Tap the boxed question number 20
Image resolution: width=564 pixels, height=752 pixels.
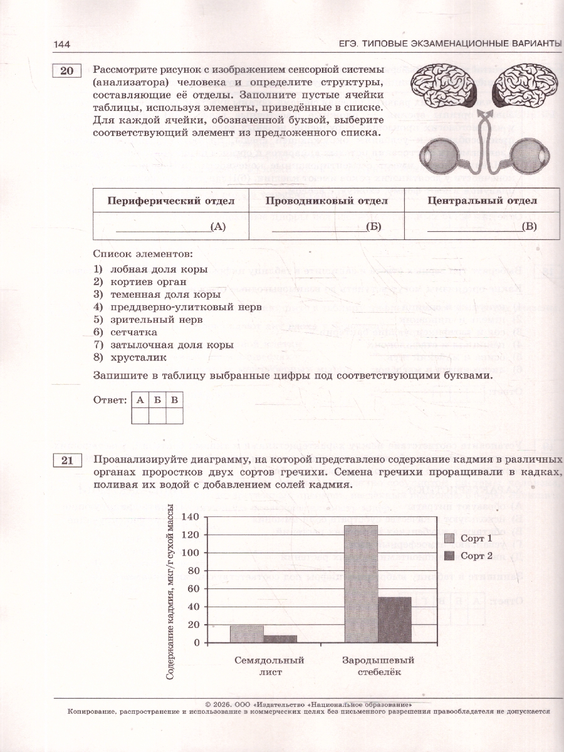[x=67, y=71]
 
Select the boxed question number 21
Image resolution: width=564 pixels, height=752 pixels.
[x=67, y=461]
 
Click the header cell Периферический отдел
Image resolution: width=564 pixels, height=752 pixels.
[x=171, y=201]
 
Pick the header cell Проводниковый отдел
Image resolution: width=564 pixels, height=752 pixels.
[x=326, y=201]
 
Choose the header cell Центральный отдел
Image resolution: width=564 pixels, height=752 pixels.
[x=482, y=201]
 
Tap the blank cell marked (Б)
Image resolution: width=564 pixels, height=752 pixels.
[x=326, y=226]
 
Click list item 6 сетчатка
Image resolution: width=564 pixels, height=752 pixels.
[x=133, y=332]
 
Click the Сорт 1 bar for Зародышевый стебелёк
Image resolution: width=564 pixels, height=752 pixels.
[x=361, y=583]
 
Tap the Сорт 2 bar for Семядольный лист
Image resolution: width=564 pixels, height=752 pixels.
[x=280, y=639]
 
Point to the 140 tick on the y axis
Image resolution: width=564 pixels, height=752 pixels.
[x=191, y=517]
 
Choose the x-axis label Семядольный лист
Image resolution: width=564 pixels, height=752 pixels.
[x=269, y=666]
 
